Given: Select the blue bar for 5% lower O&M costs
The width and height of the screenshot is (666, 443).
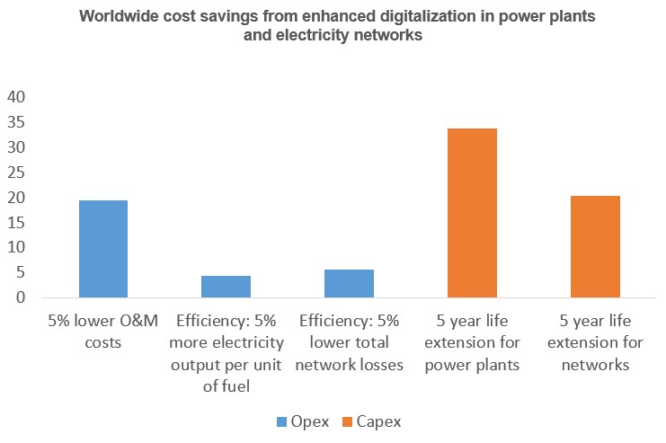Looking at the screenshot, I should pyautogui.click(x=102, y=249).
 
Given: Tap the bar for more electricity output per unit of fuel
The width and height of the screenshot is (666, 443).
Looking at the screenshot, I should pyautogui.click(x=226, y=287).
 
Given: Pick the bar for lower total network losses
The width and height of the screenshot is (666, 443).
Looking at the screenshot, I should pyautogui.click(x=349, y=283).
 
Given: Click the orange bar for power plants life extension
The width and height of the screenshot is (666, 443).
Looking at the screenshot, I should pyautogui.click(x=472, y=213).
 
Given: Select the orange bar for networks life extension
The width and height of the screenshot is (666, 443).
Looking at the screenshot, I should pyautogui.click(x=594, y=246).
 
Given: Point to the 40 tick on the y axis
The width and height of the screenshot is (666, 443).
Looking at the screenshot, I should pyautogui.click(x=16, y=97).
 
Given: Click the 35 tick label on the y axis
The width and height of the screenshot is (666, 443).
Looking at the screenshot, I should pyautogui.click(x=16, y=122).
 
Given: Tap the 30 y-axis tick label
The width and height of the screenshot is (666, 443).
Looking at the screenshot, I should pyautogui.click(x=16, y=147).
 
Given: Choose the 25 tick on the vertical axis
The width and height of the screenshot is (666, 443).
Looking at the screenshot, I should pyautogui.click(x=16, y=173).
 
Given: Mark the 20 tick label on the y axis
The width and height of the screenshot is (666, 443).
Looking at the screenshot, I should pyautogui.click(x=16, y=198).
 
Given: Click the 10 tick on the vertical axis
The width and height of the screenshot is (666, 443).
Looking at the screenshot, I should pyautogui.click(x=16, y=247).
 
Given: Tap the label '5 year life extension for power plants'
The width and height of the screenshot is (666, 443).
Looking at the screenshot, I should pyautogui.click(x=472, y=342).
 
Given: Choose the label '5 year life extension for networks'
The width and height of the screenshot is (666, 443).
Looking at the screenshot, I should pyautogui.click(x=594, y=342).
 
